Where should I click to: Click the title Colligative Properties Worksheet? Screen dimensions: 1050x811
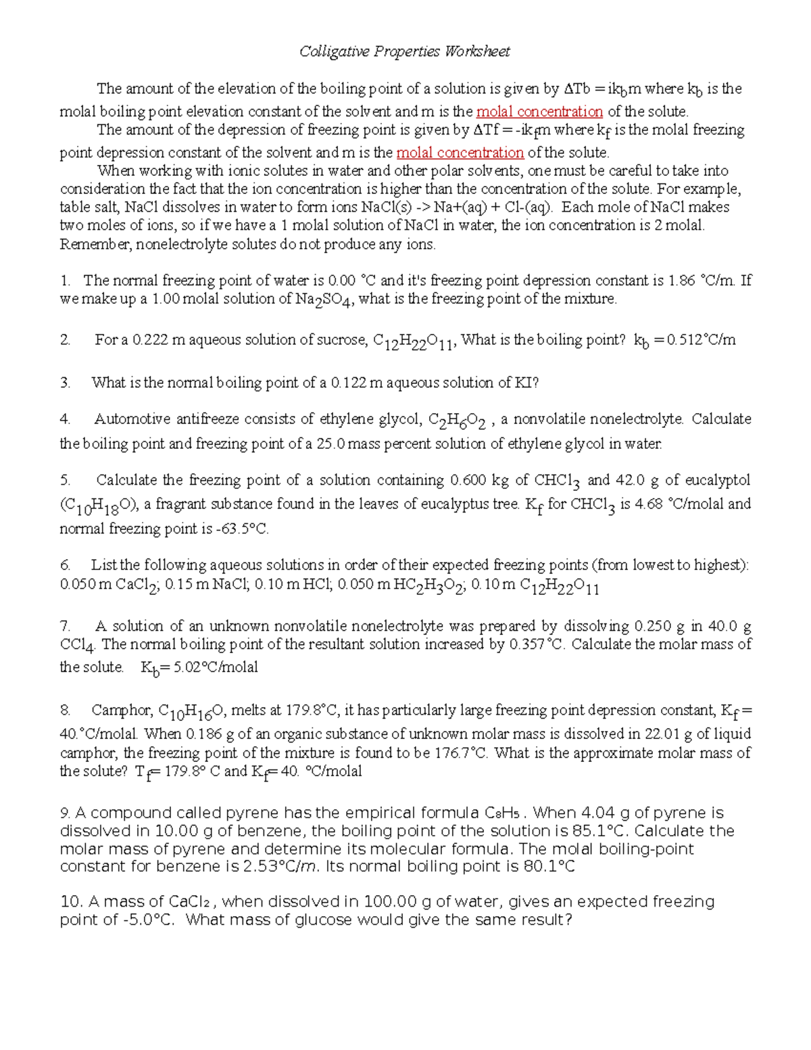pyautogui.click(x=405, y=51)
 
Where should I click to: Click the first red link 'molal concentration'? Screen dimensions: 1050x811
pyautogui.click(x=539, y=112)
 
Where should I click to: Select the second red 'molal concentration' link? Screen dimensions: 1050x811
pyautogui.click(x=460, y=153)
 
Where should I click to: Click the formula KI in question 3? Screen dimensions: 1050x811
pyautogui.click(x=526, y=383)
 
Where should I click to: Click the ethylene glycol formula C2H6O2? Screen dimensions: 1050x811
pyautogui.click(x=458, y=421)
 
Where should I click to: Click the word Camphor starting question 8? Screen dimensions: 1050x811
pyautogui.click(x=122, y=710)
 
